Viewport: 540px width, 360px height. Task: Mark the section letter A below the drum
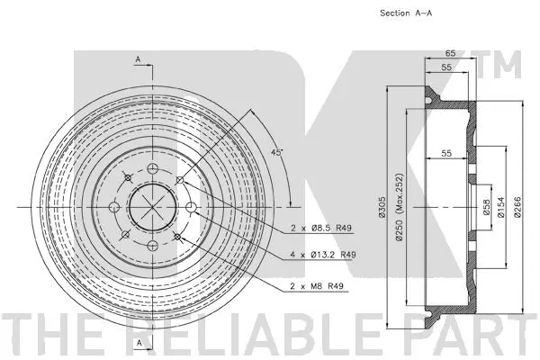pos(138,344)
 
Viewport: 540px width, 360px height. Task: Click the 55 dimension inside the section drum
pos(445,154)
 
